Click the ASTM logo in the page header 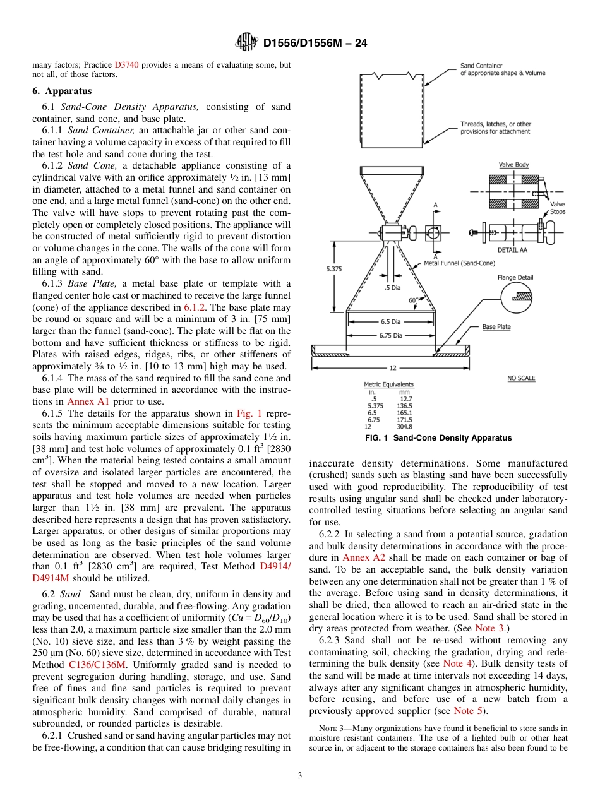click(x=246, y=42)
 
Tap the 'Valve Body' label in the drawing click(x=513, y=165)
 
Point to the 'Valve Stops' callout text click(x=558, y=208)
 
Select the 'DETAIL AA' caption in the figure click(x=512, y=250)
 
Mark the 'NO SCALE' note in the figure click(x=521, y=378)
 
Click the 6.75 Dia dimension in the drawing click(x=391, y=335)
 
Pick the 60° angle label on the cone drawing click(x=413, y=300)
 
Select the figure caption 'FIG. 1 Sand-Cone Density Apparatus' click(x=438, y=437)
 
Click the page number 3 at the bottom click(x=300, y=775)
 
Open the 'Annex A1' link click(x=84, y=401)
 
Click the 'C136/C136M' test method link click(x=97, y=664)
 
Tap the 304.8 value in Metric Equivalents click(x=405, y=426)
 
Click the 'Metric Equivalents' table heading click(x=389, y=384)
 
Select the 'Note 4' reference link click(x=453, y=663)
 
